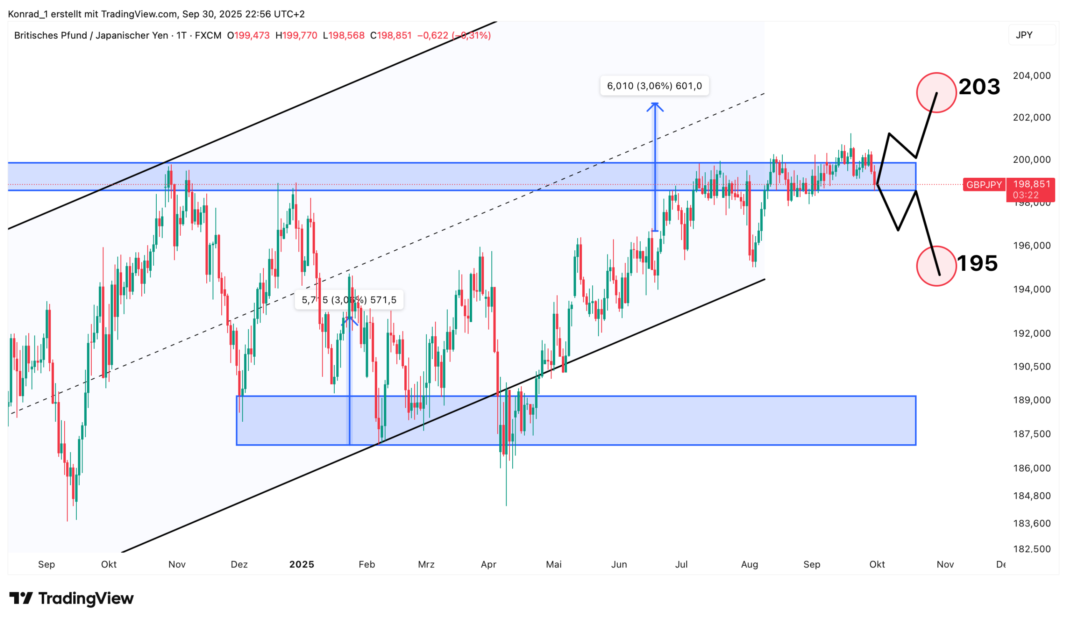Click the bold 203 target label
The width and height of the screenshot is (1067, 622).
point(979,87)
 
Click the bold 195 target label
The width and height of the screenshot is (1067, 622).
point(977,263)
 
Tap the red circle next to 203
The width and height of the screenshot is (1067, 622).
point(936,93)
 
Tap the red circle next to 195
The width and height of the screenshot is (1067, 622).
point(936,266)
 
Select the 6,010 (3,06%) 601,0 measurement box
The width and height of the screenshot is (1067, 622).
point(654,86)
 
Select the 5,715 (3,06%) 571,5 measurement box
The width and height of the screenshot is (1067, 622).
point(349,300)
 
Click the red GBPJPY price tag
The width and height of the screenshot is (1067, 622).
point(984,185)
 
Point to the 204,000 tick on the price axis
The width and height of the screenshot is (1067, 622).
point(1032,76)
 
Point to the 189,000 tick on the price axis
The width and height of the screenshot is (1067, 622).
point(1032,400)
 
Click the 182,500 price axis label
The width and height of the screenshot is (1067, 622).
point(1032,549)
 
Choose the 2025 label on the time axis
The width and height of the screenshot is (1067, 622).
point(301,564)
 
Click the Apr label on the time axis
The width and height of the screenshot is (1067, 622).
point(488,564)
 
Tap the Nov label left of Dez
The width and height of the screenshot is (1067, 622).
point(177,564)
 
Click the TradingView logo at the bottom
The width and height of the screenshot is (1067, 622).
point(71,598)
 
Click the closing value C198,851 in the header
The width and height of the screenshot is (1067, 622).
point(391,35)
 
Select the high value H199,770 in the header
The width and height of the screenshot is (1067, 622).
point(296,35)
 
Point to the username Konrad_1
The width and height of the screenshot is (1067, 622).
point(28,15)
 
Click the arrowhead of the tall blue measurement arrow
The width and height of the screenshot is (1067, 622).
point(655,106)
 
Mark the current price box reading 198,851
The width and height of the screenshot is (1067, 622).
point(1032,189)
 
